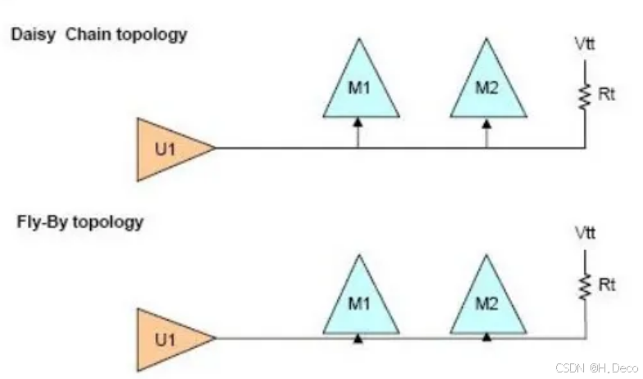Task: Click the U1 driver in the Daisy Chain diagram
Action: pos(169,148)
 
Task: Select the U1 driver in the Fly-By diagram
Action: pos(169,337)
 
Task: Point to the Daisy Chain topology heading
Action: pos(99,34)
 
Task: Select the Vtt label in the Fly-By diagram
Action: pos(585,234)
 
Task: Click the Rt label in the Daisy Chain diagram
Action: pos(606,94)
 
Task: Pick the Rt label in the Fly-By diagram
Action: pos(606,285)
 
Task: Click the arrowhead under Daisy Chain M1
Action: pos(358,122)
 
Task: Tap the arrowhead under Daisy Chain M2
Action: pos(486,122)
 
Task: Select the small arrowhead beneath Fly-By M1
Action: pos(358,336)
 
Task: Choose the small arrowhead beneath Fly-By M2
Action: pos(486,336)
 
